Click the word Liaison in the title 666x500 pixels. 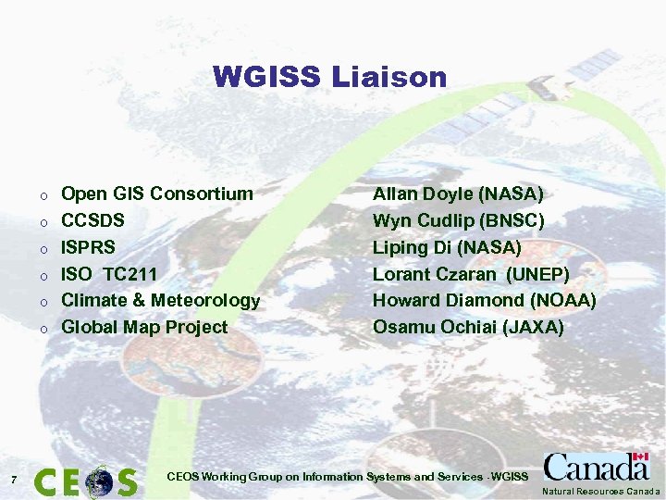[392, 77]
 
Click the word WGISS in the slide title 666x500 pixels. [268, 77]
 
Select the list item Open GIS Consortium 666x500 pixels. [156, 194]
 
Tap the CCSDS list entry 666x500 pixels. [92, 220]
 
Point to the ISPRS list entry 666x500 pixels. [88, 247]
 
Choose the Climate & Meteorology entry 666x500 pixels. [160, 300]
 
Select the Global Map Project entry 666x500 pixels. [143, 327]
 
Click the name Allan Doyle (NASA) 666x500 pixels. [458, 194]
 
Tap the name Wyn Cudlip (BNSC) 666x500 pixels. [458, 220]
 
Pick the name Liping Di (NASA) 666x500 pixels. [447, 247]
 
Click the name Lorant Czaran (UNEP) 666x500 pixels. [471, 274]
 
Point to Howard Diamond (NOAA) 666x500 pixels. [485, 300]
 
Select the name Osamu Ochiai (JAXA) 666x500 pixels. [468, 327]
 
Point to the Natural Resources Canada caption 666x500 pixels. [601, 492]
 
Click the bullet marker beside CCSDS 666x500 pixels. [43, 222]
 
